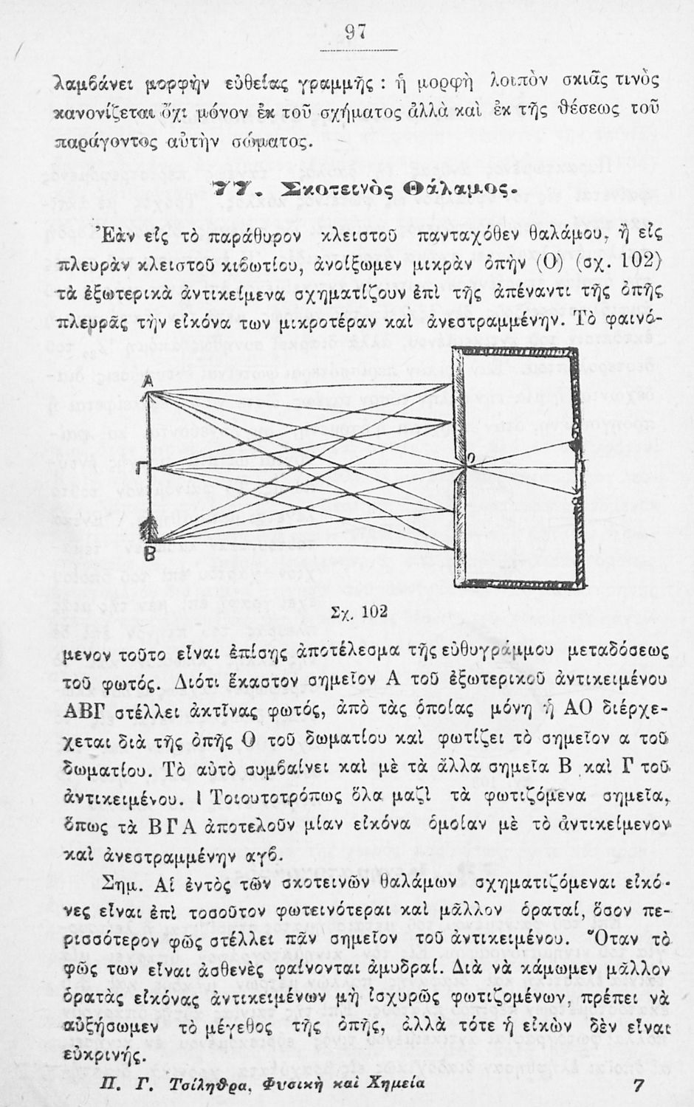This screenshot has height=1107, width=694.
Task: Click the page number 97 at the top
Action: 357,32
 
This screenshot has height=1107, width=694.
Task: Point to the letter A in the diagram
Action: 147,381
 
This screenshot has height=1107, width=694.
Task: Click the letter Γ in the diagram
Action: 141,469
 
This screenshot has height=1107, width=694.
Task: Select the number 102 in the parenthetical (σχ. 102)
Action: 639,261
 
